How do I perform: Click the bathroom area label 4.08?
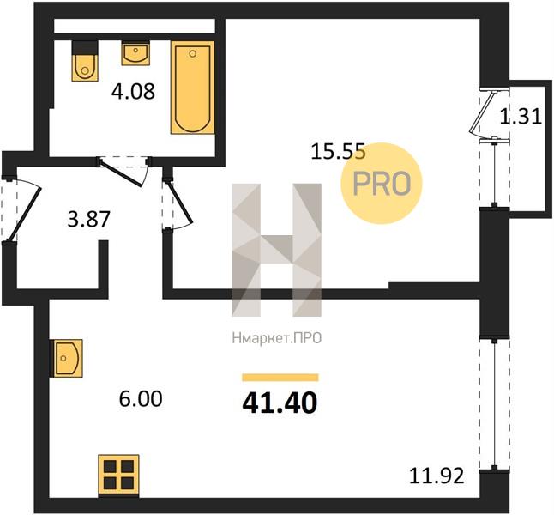pyautogui.click(x=133, y=91)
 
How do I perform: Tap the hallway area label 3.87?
pyautogui.click(x=89, y=219)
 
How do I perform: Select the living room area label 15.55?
pyautogui.click(x=338, y=153)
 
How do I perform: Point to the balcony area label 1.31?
pyautogui.click(x=521, y=117)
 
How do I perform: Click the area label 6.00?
pyautogui.click(x=141, y=399)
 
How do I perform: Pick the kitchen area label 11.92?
pyautogui.click(x=437, y=476)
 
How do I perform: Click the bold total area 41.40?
pyautogui.click(x=280, y=403)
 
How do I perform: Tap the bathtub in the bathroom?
pyautogui.click(x=193, y=88)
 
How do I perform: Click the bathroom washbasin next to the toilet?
pyautogui.click(x=135, y=53)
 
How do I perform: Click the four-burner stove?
pyautogui.click(x=118, y=475)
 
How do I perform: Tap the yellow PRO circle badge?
pyautogui.click(x=382, y=183)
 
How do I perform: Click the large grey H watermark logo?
pyautogui.click(x=277, y=250)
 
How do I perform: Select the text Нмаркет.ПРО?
pyautogui.click(x=277, y=338)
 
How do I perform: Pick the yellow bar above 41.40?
pyautogui.click(x=280, y=378)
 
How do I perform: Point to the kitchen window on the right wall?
pyautogui.click(x=495, y=405)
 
